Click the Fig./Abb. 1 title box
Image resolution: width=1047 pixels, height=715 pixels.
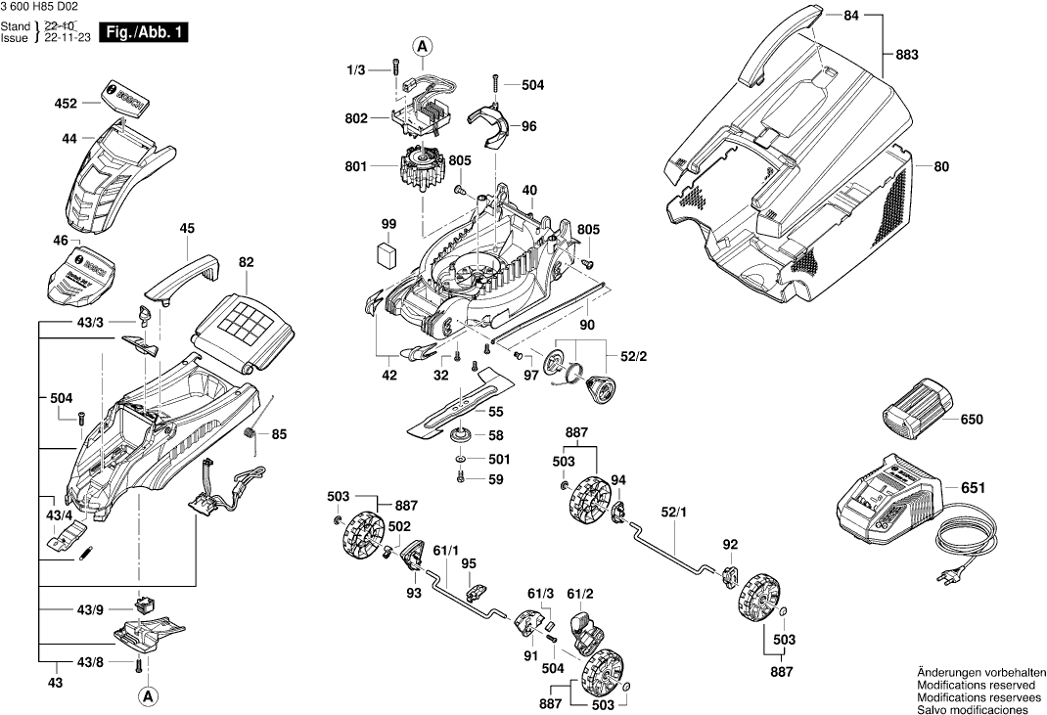click(x=144, y=32)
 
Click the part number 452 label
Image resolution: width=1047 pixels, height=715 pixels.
click(x=66, y=102)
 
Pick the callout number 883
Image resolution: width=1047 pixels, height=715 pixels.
click(x=907, y=56)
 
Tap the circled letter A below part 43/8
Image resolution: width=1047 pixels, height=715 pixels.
click(x=147, y=696)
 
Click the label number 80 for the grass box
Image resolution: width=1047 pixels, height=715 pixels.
click(x=941, y=166)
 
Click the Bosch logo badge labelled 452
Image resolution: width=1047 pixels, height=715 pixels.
click(x=123, y=99)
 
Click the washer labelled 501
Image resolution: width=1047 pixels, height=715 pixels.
click(x=461, y=459)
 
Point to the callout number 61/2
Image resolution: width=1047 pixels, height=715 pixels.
click(x=580, y=593)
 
